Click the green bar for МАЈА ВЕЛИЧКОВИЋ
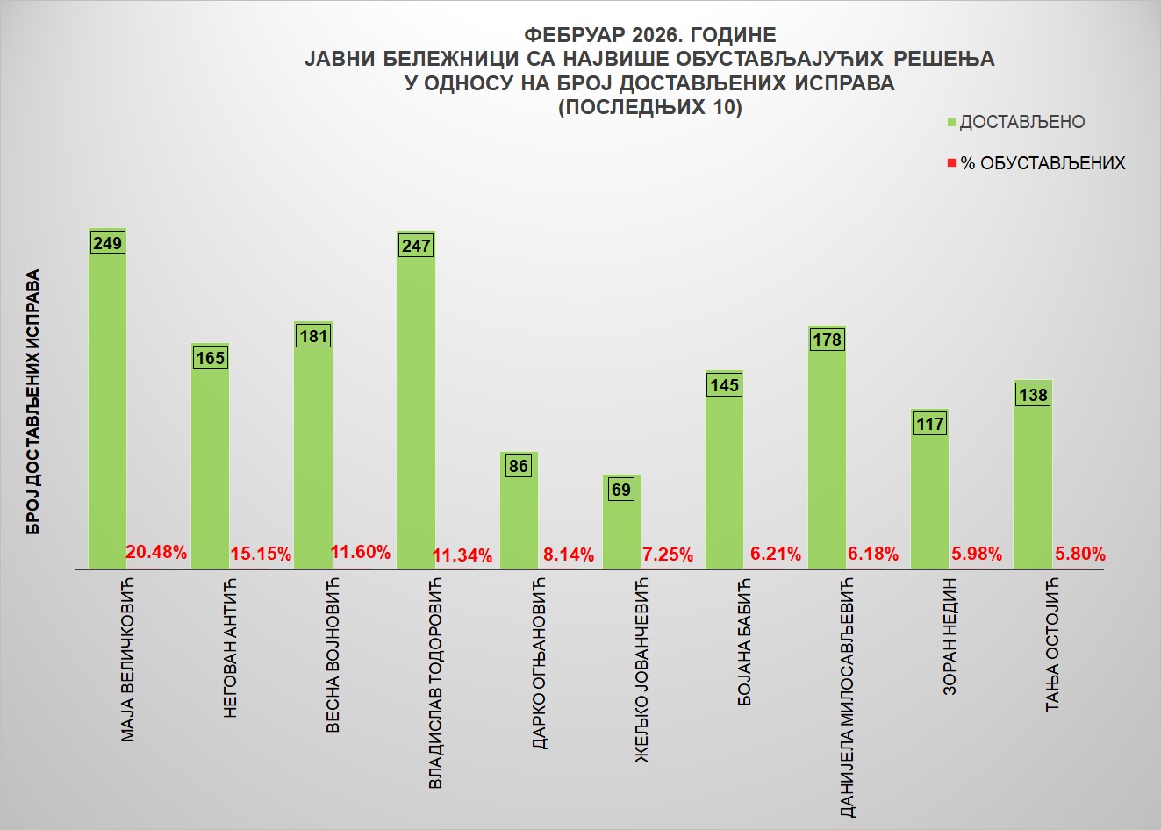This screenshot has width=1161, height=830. pyautogui.click(x=107, y=404)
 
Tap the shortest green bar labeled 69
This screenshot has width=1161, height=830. pyautogui.click(x=621, y=526)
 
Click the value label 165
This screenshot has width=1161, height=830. pyautogui.click(x=211, y=358)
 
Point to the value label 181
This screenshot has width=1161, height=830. pyautogui.click(x=313, y=336)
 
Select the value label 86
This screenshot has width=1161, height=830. pyautogui.click(x=519, y=466)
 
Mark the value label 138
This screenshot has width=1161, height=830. pyautogui.click(x=1033, y=395)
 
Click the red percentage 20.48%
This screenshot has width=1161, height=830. pyautogui.click(x=156, y=553)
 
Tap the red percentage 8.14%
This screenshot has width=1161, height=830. pyautogui.click(x=568, y=555)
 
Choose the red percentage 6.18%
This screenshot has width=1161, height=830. pyautogui.click(x=873, y=554)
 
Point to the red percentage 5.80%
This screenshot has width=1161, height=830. pyautogui.click(x=1079, y=554)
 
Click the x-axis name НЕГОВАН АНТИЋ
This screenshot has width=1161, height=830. pyautogui.click(x=231, y=649)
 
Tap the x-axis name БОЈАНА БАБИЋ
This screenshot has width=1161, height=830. pyautogui.click(x=745, y=643)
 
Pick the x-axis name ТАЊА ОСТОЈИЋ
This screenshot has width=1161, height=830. pyautogui.click(x=1053, y=645)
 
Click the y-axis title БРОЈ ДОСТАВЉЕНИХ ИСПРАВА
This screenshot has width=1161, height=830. pyautogui.click(x=33, y=403)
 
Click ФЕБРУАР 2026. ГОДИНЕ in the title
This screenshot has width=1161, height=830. pyautogui.click(x=649, y=35)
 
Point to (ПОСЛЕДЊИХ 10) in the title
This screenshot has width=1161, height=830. pyautogui.click(x=649, y=108)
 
